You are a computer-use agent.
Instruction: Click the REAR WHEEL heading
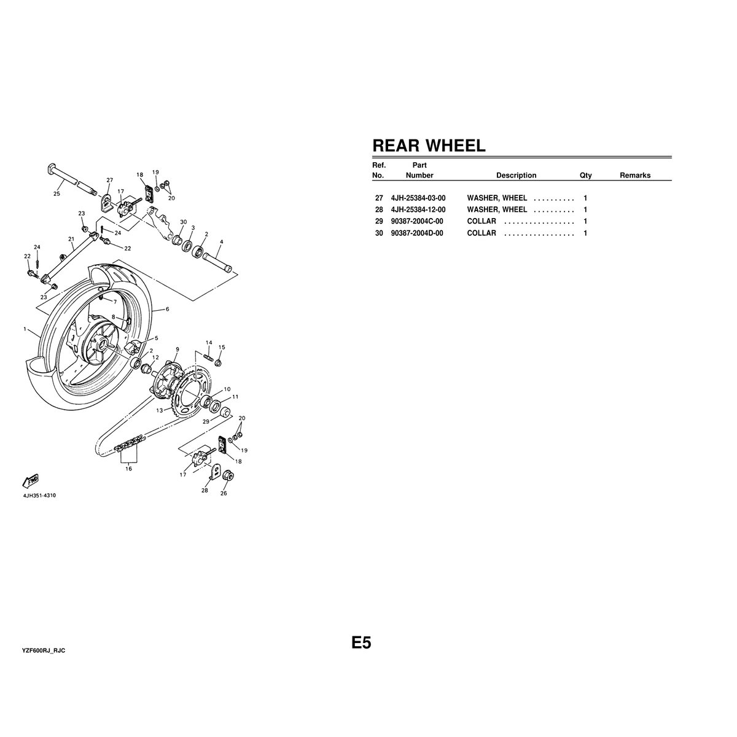[429, 146]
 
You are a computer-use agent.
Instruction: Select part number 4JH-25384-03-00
[418, 198]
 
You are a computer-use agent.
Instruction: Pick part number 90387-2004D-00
[416, 233]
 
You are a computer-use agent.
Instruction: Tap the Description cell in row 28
[497, 210]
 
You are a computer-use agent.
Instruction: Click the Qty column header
[585, 176]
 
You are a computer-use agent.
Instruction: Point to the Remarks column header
[634, 176]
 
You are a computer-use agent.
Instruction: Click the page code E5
[361, 643]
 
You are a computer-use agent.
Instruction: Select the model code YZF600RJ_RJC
[44, 650]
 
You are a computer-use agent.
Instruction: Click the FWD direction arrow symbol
[30, 480]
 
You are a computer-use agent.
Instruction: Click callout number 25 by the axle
[57, 193]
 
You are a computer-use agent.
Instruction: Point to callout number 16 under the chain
[128, 469]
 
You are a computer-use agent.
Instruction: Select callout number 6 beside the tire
[167, 309]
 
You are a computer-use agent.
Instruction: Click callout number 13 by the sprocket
[159, 410]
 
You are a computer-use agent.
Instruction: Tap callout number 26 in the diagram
[224, 493]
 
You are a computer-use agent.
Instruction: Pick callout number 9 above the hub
[177, 349]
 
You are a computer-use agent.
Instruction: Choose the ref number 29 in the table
[378, 222]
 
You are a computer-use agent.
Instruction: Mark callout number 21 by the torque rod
[71, 239]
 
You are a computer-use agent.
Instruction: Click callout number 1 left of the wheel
[25, 330]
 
